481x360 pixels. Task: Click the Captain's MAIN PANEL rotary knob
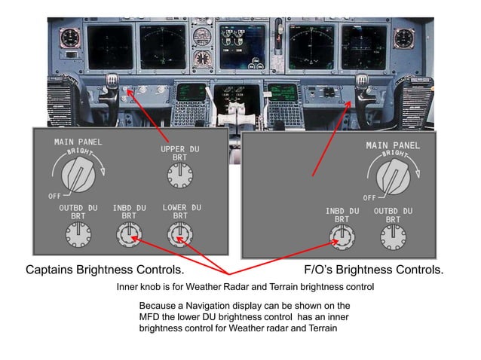78,175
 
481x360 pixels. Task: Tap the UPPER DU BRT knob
178,178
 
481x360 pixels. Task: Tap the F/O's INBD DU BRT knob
341,239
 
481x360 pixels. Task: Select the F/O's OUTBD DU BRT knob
392,239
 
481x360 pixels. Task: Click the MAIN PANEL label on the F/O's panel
393,145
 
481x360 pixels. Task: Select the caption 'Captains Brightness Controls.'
105,270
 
